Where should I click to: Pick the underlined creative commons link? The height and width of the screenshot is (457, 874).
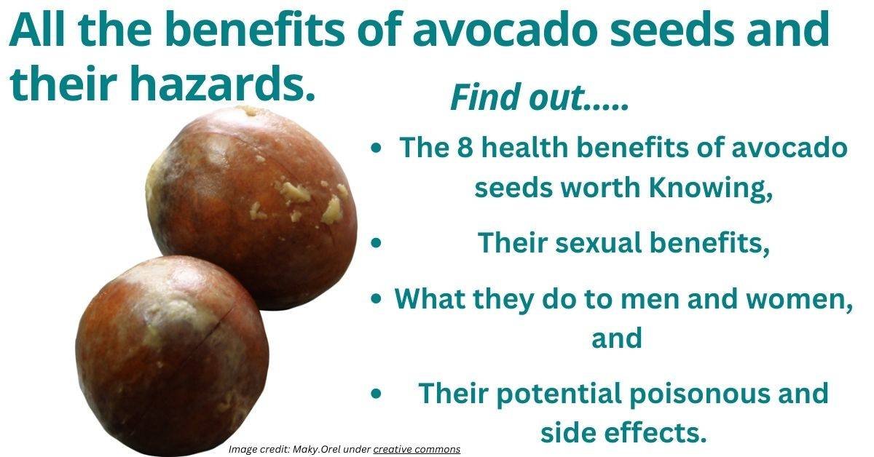417,449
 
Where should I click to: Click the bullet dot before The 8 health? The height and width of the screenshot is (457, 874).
376,148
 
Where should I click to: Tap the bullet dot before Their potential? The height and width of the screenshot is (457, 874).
376,394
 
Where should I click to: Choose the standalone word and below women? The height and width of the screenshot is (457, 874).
616,338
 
